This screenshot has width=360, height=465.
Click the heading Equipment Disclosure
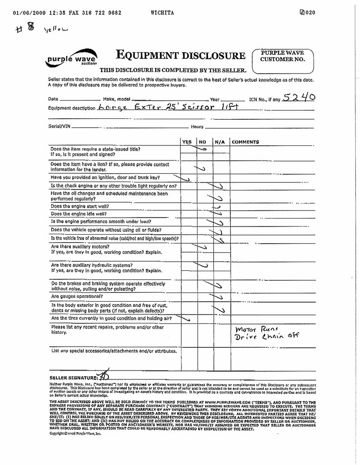pyautogui.click(x=180, y=56)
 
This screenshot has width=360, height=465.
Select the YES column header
pyautogui.click(x=187, y=142)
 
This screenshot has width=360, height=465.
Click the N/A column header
pyautogui.click(x=219, y=142)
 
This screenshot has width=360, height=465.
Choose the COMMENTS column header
pyautogui.click(x=245, y=142)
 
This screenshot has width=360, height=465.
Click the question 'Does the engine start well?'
pyautogui.click(x=80, y=207)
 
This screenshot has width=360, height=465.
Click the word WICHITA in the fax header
pyautogui.click(x=161, y=13)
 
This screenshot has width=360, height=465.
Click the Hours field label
pyautogui.click(x=198, y=127)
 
